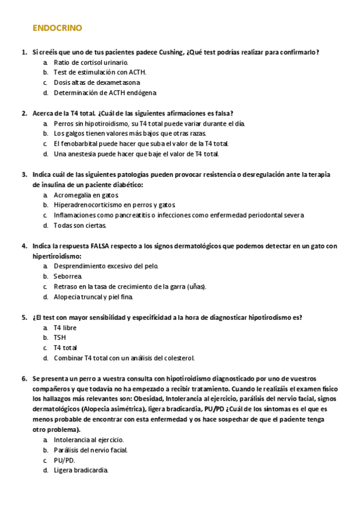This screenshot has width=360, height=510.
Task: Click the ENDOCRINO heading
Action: [57, 28]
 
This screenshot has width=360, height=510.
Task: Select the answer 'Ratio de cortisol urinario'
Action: [91, 62]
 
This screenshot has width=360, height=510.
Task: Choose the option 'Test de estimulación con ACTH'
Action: [99, 72]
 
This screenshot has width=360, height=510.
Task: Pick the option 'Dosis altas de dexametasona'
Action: [97, 82]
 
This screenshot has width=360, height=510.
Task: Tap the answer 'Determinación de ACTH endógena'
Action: [105, 93]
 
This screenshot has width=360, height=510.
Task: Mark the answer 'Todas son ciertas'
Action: [80, 226]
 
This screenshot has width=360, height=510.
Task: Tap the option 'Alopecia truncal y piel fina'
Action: [93, 296]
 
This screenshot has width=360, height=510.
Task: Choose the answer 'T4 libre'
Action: [65, 328]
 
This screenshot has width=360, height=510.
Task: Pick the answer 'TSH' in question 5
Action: [60, 338]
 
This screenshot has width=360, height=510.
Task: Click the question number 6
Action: [24, 379]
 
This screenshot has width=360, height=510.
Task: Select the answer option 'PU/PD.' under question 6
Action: [64, 460]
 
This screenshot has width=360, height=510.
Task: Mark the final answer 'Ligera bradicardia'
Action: [81, 470]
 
